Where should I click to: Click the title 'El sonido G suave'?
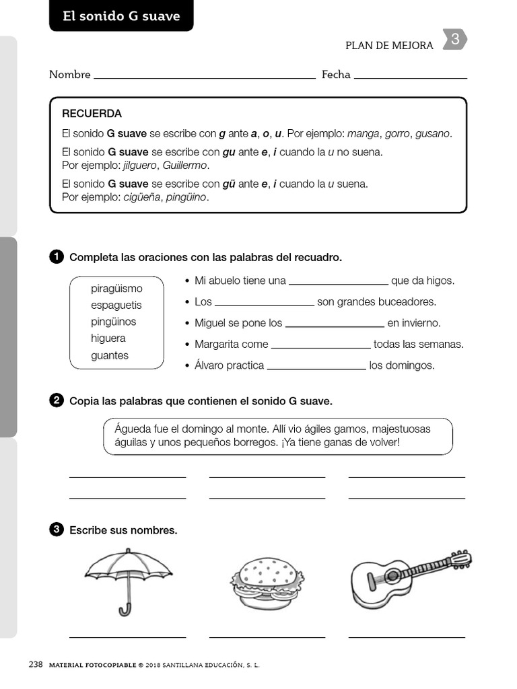tap(121, 16)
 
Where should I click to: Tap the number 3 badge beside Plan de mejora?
tap(455, 40)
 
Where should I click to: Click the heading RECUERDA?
tap(92, 114)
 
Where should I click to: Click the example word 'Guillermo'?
tap(186, 165)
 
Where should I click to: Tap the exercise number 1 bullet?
tap(56, 257)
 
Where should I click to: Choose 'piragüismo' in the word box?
tap(116, 289)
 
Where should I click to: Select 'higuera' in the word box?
tap(108, 338)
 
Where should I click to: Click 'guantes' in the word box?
tap(110, 355)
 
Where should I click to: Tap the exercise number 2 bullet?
tap(56, 401)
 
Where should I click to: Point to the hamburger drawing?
tap(266, 581)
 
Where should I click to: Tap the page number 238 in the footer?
tap(36, 665)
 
